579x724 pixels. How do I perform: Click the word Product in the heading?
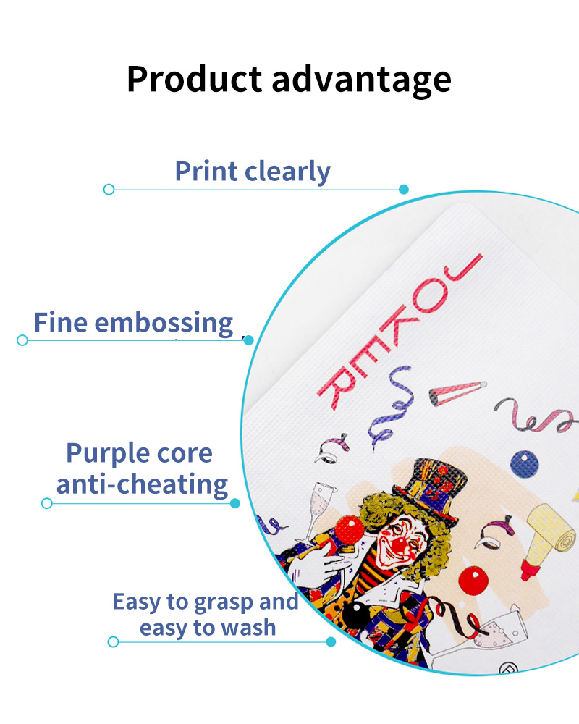click(x=195, y=79)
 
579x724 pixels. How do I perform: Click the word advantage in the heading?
click(x=362, y=80)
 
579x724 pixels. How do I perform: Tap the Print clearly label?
click(x=253, y=172)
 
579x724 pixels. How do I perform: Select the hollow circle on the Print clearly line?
click(x=109, y=189)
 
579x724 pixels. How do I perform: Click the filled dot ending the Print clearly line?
click(x=404, y=189)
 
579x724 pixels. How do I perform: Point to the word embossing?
click(x=164, y=323)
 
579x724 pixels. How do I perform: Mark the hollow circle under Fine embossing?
click(x=22, y=340)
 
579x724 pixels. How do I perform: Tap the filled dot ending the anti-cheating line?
click(x=235, y=503)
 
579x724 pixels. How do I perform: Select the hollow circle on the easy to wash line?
click(x=113, y=641)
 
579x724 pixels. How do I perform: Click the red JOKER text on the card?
click(x=400, y=332)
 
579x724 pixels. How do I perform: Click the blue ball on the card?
click(x=525, y=463)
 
